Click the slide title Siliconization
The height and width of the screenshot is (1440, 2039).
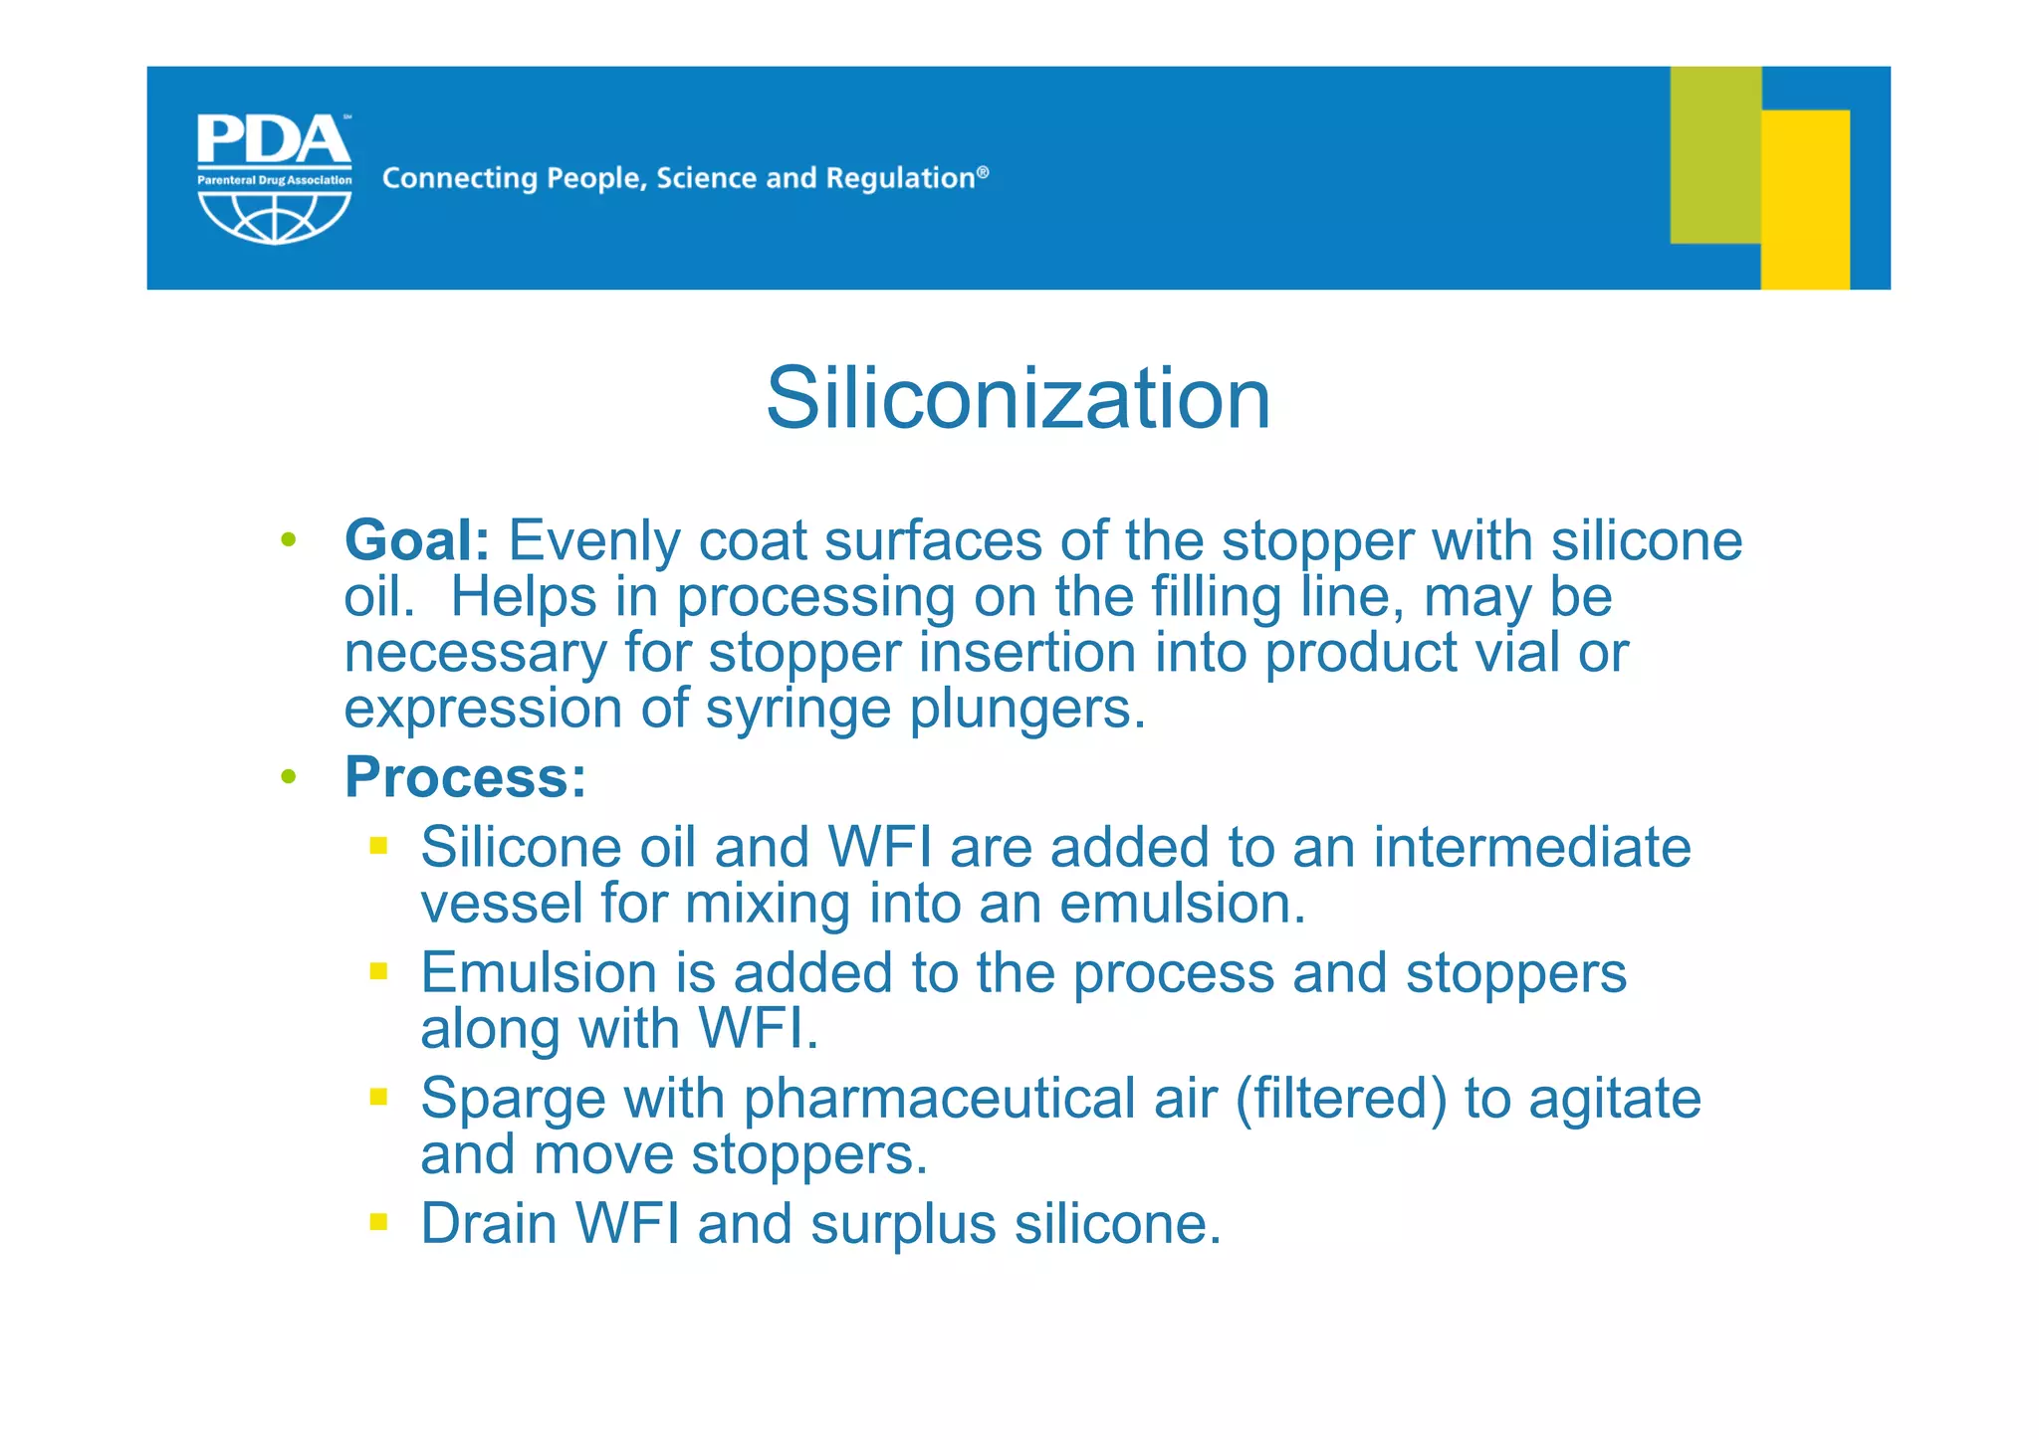1018,398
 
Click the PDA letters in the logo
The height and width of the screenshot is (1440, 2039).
274,140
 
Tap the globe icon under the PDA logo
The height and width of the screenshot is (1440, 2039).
274,216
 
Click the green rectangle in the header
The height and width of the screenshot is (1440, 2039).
1714,154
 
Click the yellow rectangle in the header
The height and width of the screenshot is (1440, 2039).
1804,199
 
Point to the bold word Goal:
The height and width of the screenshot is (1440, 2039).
417,541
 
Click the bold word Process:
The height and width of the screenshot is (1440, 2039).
465,777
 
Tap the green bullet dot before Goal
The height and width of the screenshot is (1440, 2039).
289,540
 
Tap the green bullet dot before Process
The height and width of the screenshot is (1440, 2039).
289,776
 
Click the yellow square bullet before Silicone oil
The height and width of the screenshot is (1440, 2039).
378,847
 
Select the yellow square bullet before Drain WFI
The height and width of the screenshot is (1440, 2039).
378,1221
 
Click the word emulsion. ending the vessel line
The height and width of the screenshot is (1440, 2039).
1182,905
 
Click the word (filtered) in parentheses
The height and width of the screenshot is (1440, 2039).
1341,1100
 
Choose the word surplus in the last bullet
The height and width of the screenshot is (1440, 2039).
902,1225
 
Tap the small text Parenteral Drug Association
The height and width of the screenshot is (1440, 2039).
274,180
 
